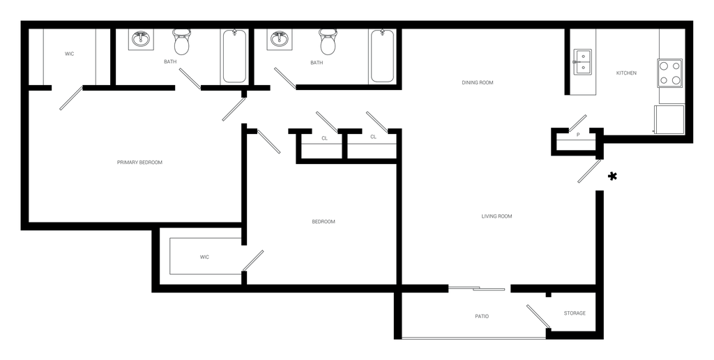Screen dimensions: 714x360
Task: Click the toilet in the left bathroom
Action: click(181, 43)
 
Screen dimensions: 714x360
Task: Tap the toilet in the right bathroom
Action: click(326, 43)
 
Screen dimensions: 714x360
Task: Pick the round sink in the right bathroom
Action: click(280, 40)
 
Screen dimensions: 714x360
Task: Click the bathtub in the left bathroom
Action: click(233, 56)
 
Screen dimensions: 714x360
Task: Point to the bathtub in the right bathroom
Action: click(381, 56)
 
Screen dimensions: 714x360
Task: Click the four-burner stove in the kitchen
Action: click(671, 73)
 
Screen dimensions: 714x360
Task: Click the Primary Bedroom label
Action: click(139, 163)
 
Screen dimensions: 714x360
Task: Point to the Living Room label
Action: click(497, 216)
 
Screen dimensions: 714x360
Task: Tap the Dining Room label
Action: click(477, 82)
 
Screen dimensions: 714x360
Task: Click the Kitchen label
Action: click(625, 73)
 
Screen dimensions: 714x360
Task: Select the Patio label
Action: click(481, 317)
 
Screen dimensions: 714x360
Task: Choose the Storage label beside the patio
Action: click(575, 313)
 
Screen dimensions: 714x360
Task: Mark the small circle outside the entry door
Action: click(612, 177)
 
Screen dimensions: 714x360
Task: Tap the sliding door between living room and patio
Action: click(478, 288)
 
